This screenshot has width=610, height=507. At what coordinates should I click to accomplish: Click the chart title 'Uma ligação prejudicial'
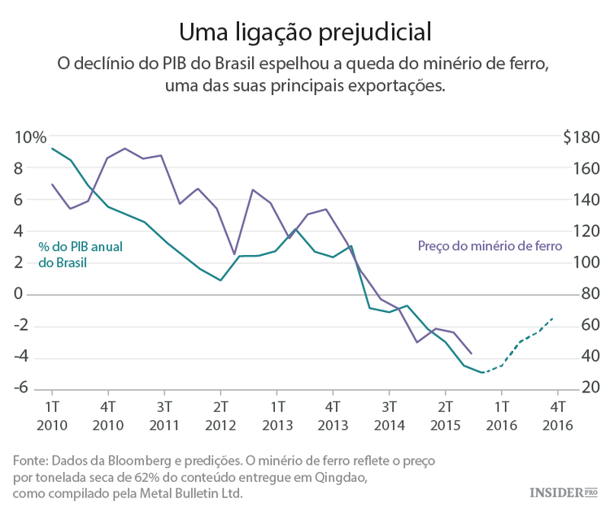tap(305, 32)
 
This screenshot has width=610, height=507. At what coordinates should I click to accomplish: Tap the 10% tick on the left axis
tap(31, 137)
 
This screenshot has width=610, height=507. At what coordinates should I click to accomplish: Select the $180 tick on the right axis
tap(581, 137)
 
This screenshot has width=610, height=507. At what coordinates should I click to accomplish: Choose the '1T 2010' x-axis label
tap(52, 414)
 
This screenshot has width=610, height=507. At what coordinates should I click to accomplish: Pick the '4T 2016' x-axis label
tap(558, 414)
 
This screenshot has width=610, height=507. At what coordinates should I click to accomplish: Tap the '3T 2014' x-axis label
tap(389, 414)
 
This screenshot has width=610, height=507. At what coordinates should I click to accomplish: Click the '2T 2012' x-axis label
tap(220, 414)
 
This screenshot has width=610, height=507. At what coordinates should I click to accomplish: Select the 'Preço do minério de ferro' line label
tap(490, 245)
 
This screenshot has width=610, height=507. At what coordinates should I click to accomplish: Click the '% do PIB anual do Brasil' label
tap(79, 254)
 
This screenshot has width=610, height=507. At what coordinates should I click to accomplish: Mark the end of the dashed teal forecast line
tap(554, 318)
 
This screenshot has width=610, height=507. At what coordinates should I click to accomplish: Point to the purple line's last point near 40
tap(472, 353)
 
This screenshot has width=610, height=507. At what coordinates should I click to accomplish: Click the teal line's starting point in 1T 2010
tap(52, 148)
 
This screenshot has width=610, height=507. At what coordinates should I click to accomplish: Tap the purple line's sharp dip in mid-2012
tap(234, 254)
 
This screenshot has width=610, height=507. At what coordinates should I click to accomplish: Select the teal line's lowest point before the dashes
tap(481, 372)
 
